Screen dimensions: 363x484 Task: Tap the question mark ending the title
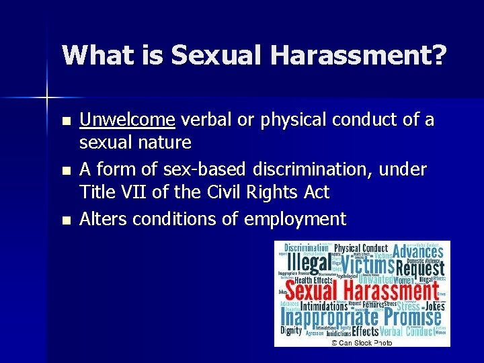point(438,55)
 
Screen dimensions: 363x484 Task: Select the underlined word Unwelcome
point(128,120)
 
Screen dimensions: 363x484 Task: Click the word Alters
point(103,218)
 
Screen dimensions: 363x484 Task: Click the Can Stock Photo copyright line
point(361,342)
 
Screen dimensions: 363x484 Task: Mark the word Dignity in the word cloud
point(290,330)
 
